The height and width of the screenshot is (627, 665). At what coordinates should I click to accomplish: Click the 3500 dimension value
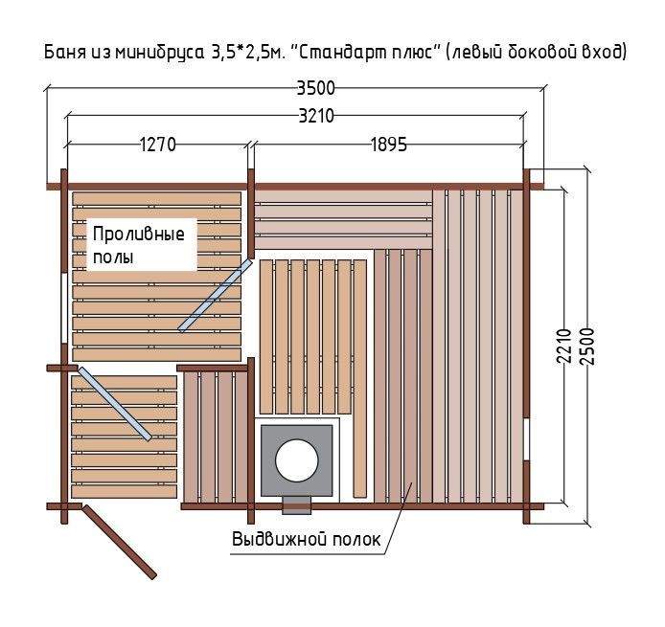[x=316, y=88]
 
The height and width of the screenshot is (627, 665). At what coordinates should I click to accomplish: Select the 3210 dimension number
[x=316, y=116]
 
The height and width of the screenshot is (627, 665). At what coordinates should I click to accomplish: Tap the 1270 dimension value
[x=158, y=145]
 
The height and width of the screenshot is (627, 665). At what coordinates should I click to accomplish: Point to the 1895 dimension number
[x=389, y=145]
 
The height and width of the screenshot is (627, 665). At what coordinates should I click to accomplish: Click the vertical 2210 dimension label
[x=564, y=346]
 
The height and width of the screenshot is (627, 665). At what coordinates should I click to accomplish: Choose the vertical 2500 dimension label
[x=587, y=346]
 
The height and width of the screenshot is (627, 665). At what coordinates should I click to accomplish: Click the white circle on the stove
[x=296, y=460]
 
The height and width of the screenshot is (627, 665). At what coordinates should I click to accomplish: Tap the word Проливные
[x=139, y=234]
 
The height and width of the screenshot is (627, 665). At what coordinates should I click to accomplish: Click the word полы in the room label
[x=113, y=257]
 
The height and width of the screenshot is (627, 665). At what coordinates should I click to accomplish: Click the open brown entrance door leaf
[x=120, y=542]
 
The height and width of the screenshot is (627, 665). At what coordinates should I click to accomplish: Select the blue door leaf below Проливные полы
[x=215, y=295]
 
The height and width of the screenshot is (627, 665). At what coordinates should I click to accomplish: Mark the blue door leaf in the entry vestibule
[x=115, y=404]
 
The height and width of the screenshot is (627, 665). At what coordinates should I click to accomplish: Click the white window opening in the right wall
[x=526, y=439]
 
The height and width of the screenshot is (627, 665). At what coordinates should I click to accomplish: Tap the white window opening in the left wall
[x=64, y=308]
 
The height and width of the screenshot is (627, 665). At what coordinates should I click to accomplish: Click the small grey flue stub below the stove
[x=296, y=505]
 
